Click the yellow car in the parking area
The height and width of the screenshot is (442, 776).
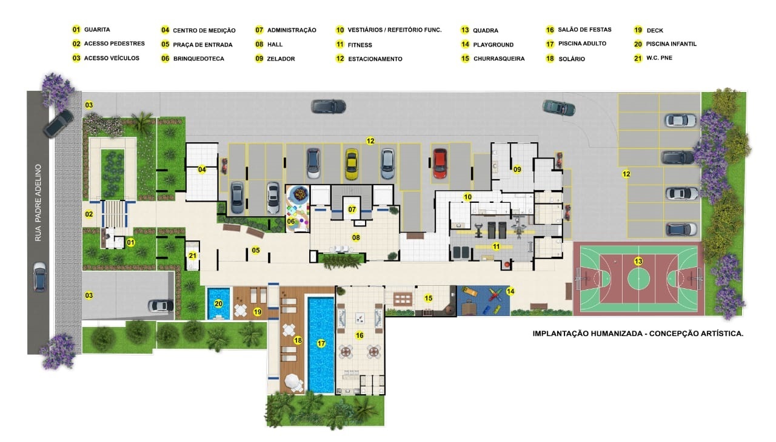[x=351, y=164]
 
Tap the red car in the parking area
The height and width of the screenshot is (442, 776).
[x=440, y=163]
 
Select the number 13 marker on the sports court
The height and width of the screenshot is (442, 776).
[x=638, y=261]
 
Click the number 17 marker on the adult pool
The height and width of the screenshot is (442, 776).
[x=321, y=343]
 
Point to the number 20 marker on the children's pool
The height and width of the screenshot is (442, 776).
[x=218, y=304]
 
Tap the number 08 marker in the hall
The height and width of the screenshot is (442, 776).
[x=356, y=237]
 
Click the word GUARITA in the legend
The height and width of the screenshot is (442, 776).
[x=97, y=30]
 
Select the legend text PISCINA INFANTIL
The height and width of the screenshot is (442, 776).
[x=671, y=44]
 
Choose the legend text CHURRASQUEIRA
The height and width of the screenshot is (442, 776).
[x=499, y=59]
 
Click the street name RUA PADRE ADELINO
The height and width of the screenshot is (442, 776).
[x=38, y=203]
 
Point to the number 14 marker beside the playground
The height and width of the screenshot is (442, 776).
[x=510, y=291]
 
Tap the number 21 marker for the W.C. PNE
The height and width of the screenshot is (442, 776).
[x=193, y=256]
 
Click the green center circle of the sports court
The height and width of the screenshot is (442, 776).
[x=638, y=279]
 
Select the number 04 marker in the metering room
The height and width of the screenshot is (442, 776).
[x=202, y=170]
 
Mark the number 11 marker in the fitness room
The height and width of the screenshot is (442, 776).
[x=496, y=246]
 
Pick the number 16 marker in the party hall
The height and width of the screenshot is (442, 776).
[x=360, y=335]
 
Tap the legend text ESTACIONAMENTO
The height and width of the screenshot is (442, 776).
[x=375, y=59]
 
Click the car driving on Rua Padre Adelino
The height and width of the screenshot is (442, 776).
[x=39, y=277]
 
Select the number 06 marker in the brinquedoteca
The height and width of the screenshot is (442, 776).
[x=291, y=222]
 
